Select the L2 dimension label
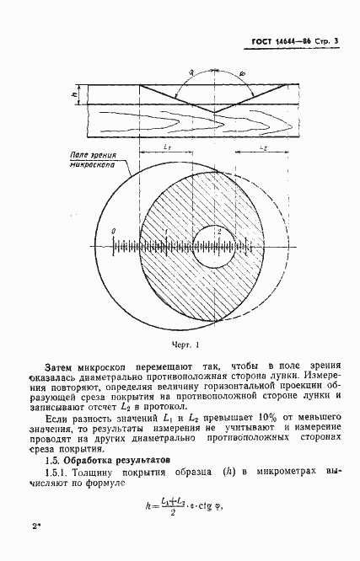261,147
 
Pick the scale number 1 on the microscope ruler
167,231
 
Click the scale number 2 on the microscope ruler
219,231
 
